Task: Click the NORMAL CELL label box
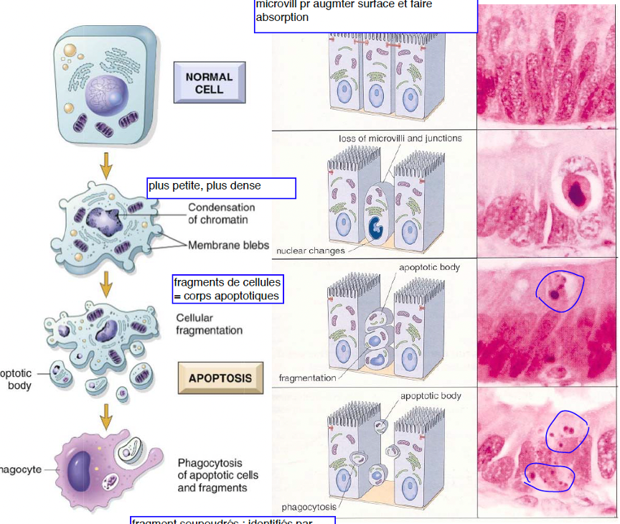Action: click(209, 83)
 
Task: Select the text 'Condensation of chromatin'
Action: click(221, 213)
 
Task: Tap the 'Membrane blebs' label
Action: click(228, 245)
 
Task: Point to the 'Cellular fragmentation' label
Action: click(209, 324)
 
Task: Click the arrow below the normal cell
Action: click(106, 165)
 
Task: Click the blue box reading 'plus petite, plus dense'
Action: click(221, 188)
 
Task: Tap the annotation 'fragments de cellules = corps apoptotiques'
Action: click(227, 289)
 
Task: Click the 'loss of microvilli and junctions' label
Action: click(400, 138)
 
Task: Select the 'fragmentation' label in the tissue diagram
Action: click(307, 378)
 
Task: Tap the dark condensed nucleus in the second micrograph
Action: click(578, 192)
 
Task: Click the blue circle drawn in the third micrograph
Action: click(560, 291)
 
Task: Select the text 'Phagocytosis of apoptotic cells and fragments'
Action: click(218, 474)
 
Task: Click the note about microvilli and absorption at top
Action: click(365, 14)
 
